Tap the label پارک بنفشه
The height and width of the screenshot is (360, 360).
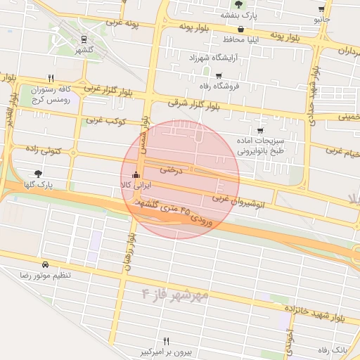click(239, 15)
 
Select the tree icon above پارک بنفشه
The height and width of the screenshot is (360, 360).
click(239, 4)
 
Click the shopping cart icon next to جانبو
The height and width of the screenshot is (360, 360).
click(322, 10)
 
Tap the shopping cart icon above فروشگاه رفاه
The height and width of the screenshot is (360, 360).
click(219, 76)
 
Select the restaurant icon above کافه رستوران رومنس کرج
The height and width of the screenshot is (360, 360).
click(51, 79)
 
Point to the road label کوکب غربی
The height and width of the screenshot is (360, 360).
click(105, 120)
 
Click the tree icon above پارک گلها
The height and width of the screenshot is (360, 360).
click(37, 173)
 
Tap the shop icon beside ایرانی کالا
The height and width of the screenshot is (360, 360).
click(136, 175)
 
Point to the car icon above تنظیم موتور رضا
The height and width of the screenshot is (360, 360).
click(46, 266)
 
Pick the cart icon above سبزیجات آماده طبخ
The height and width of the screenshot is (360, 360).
click(260, 131)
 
